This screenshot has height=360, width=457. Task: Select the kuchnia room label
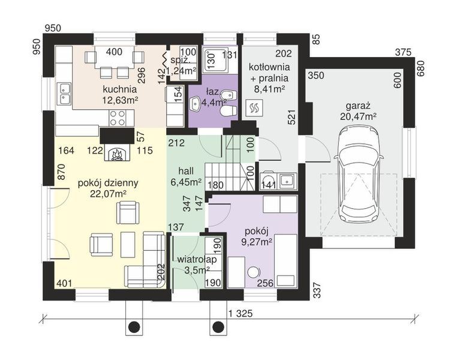tap(120, 89)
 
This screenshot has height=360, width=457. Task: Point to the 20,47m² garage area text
tap(358, 116)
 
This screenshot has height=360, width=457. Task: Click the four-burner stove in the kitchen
tap(117, 118)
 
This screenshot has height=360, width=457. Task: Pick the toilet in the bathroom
tap(228, 111)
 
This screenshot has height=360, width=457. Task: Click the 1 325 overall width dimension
tap(240, 314)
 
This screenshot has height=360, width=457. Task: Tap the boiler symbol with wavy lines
tap(254, 108)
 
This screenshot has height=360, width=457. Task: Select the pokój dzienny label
tap(108, 183)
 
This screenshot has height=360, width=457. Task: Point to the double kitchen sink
tap(65, 93)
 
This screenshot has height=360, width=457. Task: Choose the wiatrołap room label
tap(197, 259)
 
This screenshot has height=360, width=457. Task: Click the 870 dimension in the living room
tap(62, 172)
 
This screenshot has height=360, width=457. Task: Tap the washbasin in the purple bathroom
tap(196, 103)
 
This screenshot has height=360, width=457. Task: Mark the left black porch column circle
tap(134, 326)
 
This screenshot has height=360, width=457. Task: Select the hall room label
tap(186, 171)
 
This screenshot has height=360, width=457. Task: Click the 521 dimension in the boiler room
tap(292, 117)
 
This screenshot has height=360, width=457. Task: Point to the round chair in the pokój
tap(254, 272)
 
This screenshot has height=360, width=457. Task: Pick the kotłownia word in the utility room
tap(269, 67)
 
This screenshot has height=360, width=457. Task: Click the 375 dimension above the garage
tap(403, 52)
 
